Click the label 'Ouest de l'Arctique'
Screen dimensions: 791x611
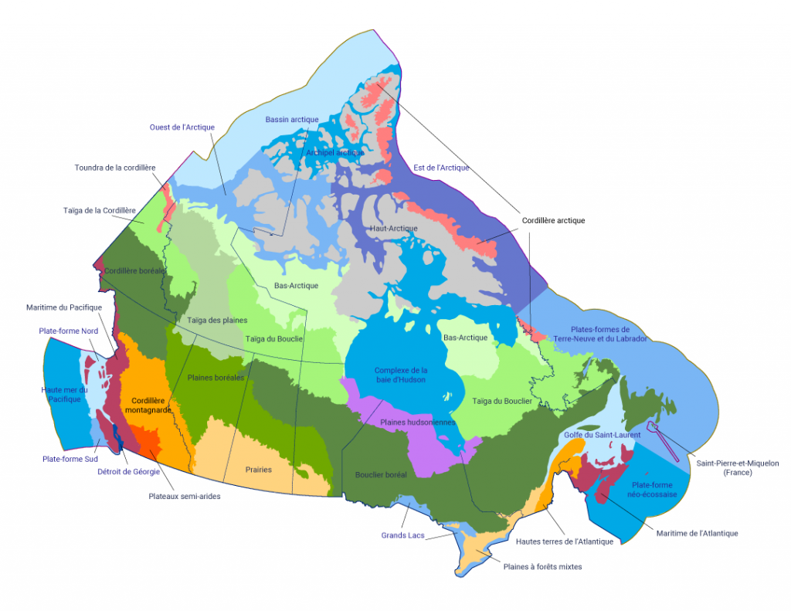(182, 127)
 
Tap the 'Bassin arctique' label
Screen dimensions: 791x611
(291, 120)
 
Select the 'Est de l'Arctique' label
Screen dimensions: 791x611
(441, 168)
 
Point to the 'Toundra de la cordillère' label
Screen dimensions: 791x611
(115, 168)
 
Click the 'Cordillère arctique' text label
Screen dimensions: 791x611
(553, 221)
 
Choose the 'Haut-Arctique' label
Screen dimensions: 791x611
(393, 229)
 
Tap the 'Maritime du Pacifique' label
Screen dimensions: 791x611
(63, 307)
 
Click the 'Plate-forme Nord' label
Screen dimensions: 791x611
(68, 331)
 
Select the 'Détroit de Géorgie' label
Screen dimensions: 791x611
(129, 471)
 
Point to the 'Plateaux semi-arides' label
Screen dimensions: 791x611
(185, 496)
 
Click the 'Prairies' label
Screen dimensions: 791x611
(258, 470)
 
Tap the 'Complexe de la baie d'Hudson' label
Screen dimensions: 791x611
(400, 375)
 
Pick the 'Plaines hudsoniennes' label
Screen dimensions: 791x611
(417, 423)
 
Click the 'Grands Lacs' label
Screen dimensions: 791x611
(400, 535)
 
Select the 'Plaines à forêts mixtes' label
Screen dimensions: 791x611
(542, 567)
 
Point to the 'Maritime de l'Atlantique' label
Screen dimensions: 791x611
(697, 533)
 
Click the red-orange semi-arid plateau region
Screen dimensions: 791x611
(146, 445)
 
